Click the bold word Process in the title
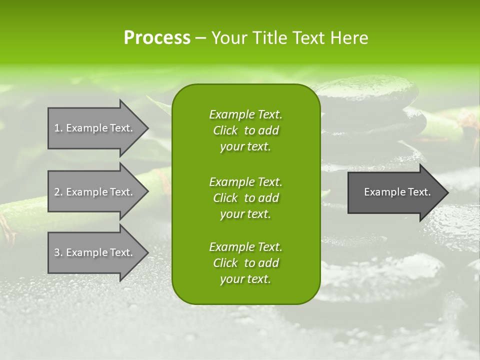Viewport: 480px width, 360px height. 157,38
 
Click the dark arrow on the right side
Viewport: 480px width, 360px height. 395,192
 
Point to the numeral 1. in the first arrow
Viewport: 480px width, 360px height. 58,128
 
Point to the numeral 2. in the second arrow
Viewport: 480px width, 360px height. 58,192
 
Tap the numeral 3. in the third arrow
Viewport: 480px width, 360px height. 58,252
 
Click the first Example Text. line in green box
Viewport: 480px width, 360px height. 245,114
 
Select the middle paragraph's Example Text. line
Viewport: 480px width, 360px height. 245,181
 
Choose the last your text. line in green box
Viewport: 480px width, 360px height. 245,279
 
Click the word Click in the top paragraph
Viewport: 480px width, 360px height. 225,131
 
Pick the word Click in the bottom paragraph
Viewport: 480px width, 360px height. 225,263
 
